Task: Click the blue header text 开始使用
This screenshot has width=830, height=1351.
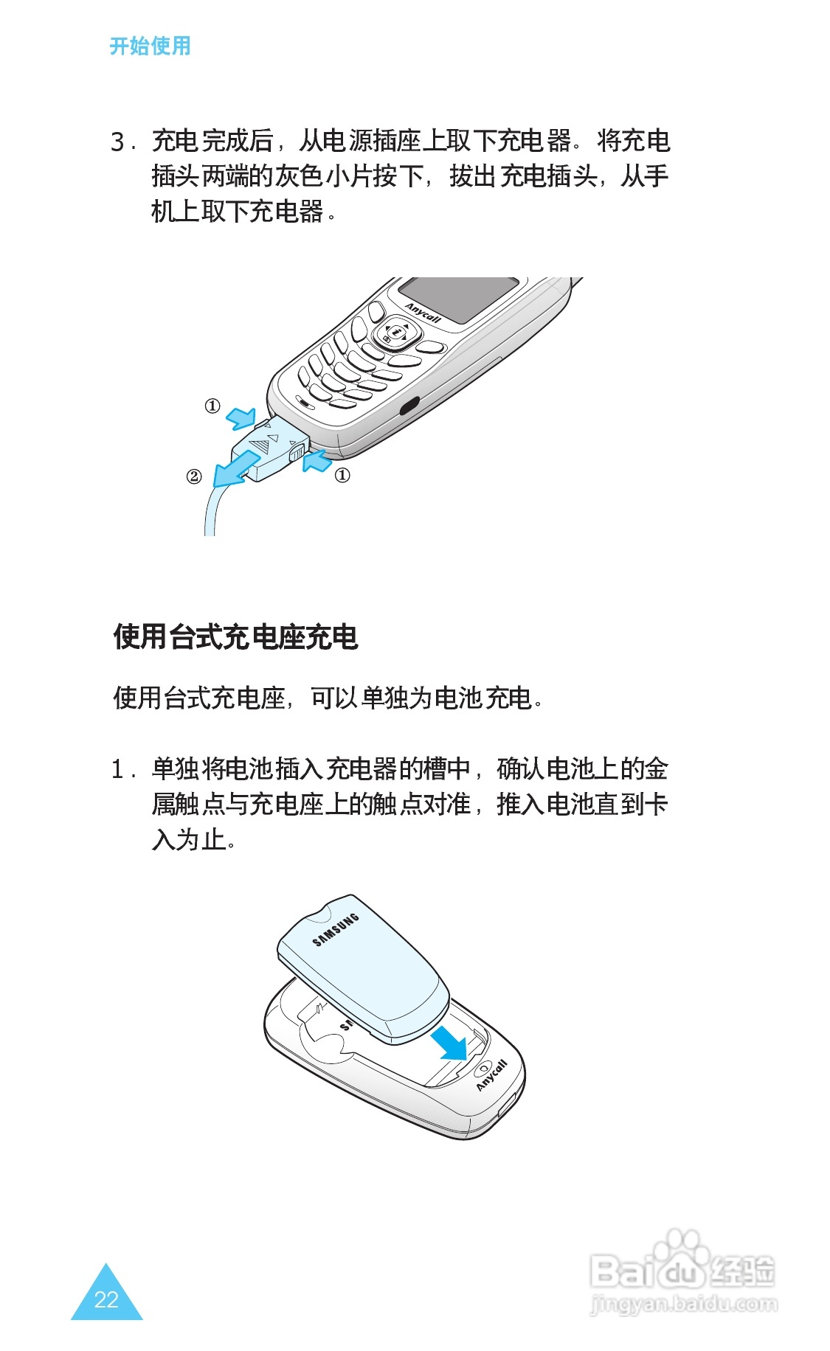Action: click(150, 46)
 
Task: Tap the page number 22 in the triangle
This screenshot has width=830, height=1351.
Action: click(106, 1299)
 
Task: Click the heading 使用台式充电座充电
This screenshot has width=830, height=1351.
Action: click(235, 636)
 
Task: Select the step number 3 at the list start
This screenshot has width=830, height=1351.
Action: click(118, 141)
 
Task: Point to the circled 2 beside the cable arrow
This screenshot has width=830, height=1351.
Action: click(193, 476)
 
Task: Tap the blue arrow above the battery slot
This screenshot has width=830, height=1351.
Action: click(449, 1042)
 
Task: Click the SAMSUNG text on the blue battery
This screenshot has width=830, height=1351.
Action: click(336, 929)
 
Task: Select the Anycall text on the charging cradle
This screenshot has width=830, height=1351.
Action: click(492, 1075)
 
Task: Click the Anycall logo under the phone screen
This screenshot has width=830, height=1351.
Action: click(423, 313)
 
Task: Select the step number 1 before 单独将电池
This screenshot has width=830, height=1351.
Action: click(118, 770)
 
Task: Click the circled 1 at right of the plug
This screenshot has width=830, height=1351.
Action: click(342, 475)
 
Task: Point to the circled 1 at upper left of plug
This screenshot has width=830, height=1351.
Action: click(212, 406)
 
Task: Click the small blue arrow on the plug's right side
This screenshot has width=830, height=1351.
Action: click(317, 462)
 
